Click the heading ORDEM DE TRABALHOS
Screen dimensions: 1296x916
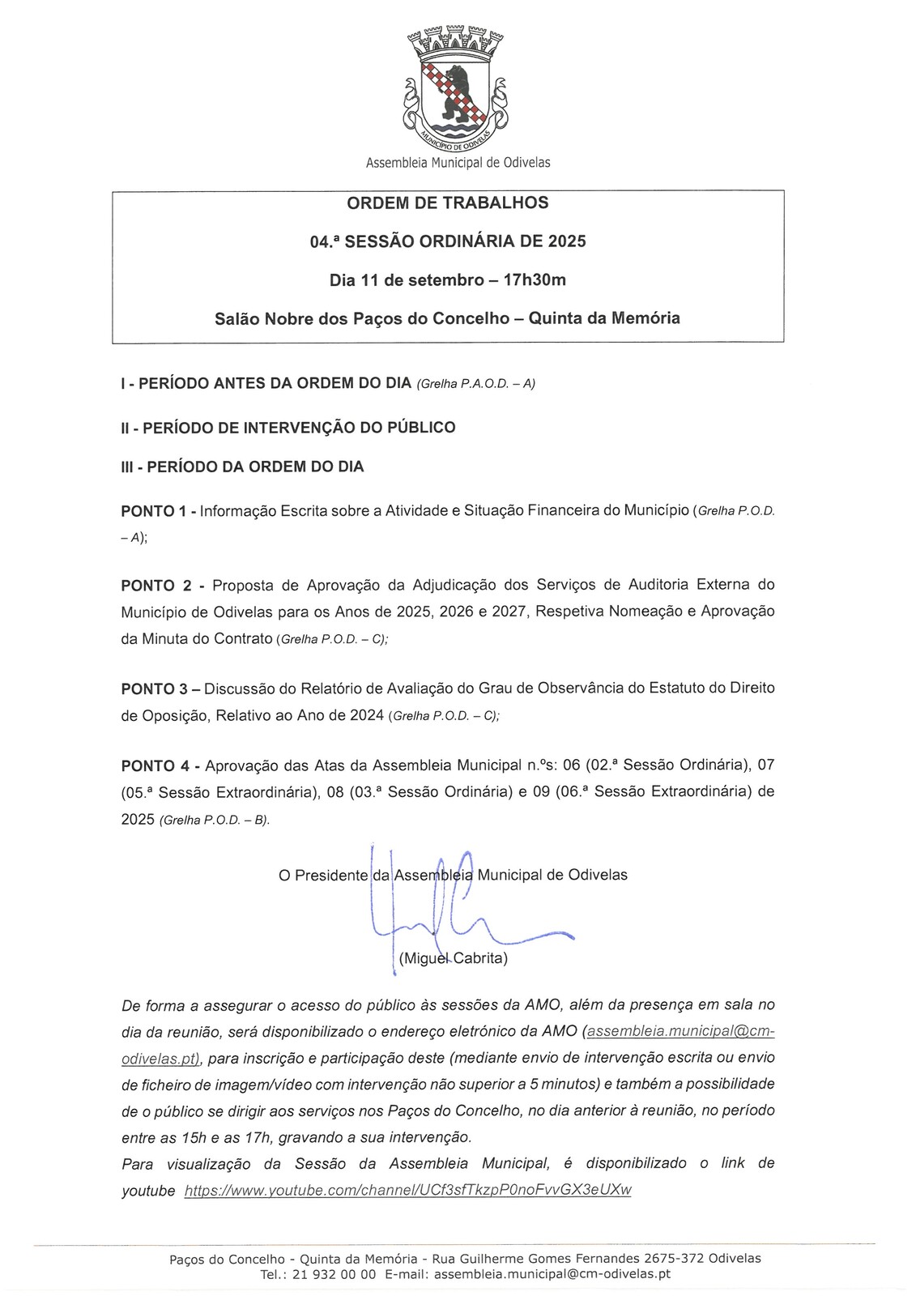tap(448, 202)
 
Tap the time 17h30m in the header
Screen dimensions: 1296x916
tap(535, 280)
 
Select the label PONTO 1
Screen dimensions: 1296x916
tap(153, 511)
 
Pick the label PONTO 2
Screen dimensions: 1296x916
tap(157, 585)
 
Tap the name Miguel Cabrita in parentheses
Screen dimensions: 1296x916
tap(454, 958)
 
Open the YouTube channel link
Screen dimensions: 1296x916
tap(408, 1190)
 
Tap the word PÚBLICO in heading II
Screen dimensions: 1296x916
tap(419, 427)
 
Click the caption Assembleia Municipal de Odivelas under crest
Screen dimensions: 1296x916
tap(458, 163)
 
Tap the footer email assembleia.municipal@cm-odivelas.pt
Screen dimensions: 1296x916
tap(552, 1274)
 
